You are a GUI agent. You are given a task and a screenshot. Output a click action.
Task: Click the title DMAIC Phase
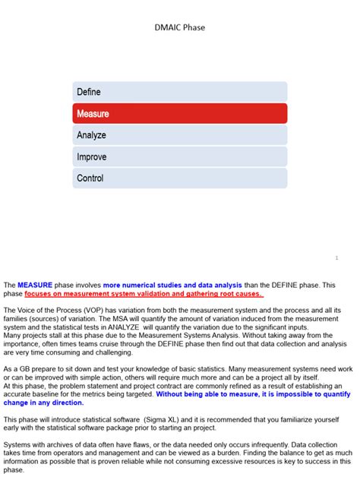(179, 27)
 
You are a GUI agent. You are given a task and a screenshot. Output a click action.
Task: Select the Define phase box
(180, 92)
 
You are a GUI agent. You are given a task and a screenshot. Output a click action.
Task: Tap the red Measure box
(180, 113)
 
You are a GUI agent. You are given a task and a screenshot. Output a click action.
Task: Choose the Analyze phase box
(180, 135)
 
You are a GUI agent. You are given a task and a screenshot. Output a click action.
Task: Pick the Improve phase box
(180, 156)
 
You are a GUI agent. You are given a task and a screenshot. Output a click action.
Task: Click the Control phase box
(180, 178)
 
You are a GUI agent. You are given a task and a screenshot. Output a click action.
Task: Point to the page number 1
(336, 258)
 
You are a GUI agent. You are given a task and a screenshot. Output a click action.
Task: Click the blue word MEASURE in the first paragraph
(35, 285)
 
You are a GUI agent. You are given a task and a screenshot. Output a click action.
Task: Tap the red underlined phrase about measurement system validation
(144, 293)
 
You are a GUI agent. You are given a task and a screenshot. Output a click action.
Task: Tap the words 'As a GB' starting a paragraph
(18, 369)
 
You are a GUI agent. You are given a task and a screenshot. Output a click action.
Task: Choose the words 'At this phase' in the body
(27, 386)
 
